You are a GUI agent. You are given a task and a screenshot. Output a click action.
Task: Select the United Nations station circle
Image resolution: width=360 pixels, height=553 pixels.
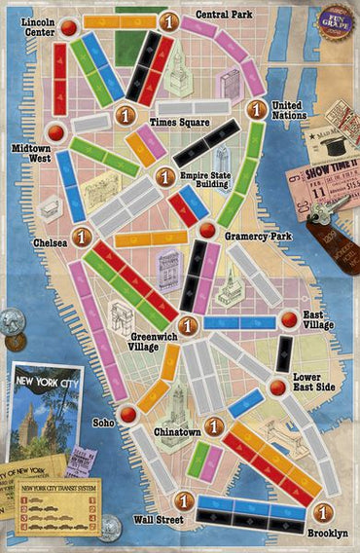point(256,110)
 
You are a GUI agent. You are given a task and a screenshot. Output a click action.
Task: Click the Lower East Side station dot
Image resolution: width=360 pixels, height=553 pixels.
point(278,387)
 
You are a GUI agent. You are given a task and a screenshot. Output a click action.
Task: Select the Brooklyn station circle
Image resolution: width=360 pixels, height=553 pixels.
point(324,513)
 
